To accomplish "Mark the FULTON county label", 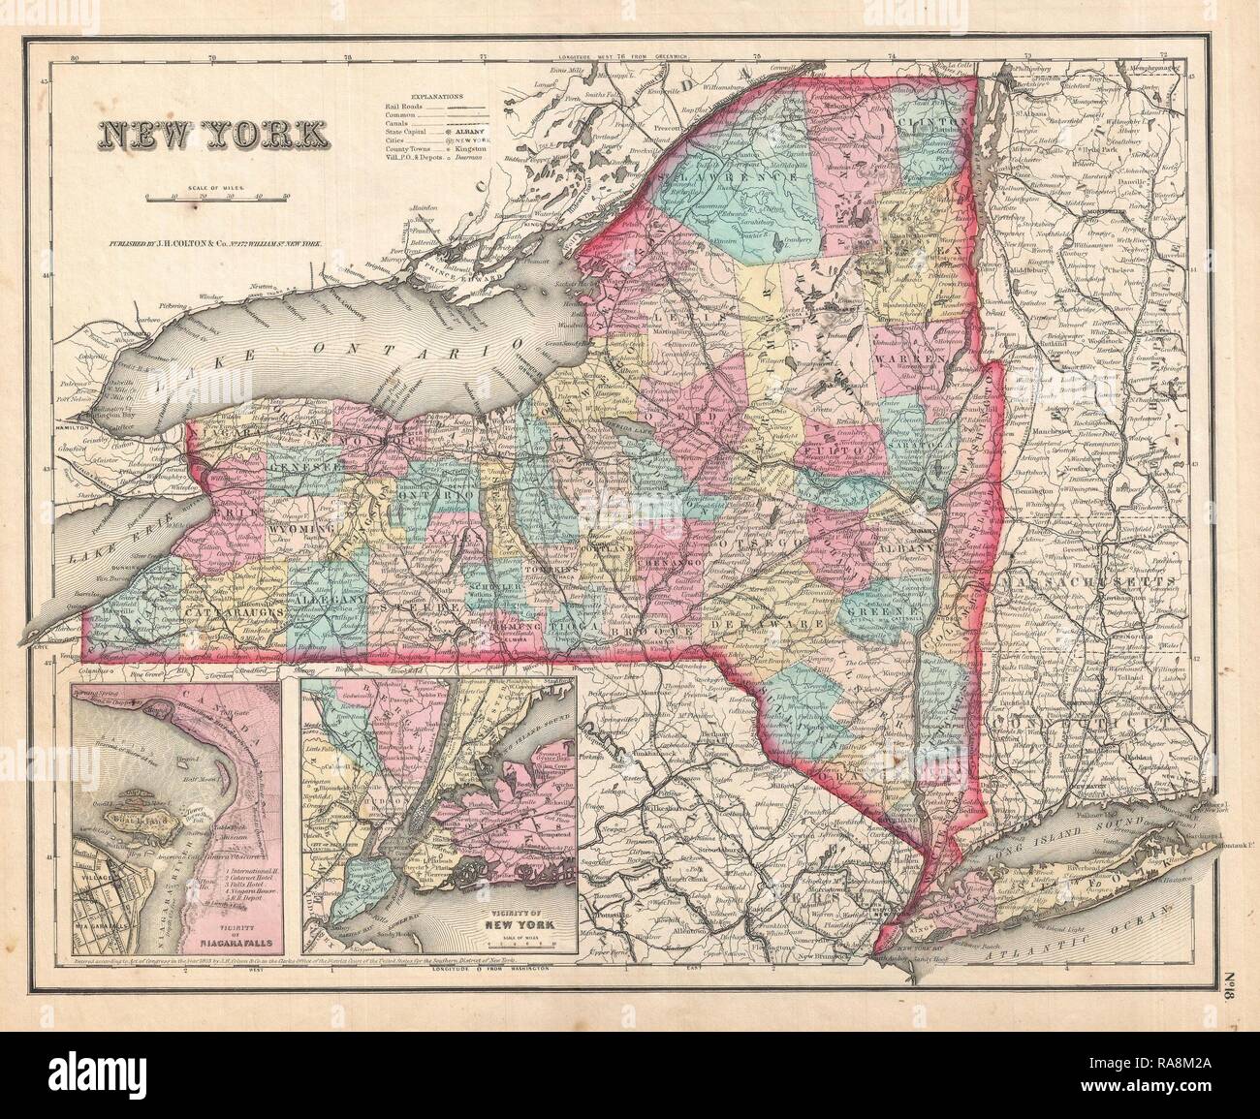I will coord(854,451).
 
